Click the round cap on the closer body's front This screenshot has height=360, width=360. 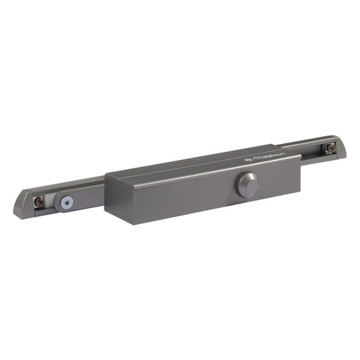[x=246, y=186]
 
